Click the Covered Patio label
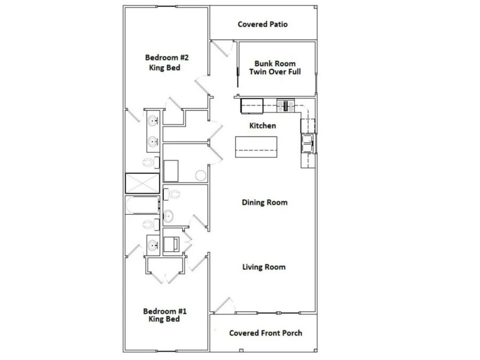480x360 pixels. click(x=262, y=25)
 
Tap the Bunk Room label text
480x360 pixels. click(x=275, y=63)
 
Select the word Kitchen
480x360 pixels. click(x=263, y=126)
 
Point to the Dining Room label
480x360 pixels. click(x=265, y=203)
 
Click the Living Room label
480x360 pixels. click(x=263, y=267)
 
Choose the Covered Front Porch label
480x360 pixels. click(x=266, y=333)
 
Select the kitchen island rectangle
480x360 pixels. click(x=257, y=147)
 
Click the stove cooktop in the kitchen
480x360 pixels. click(x=287, y=106)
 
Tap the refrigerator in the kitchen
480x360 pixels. click(x=252, y=106)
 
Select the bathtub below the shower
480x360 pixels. click(x=142, y=205)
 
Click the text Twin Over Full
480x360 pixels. click(x=275, y=71)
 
